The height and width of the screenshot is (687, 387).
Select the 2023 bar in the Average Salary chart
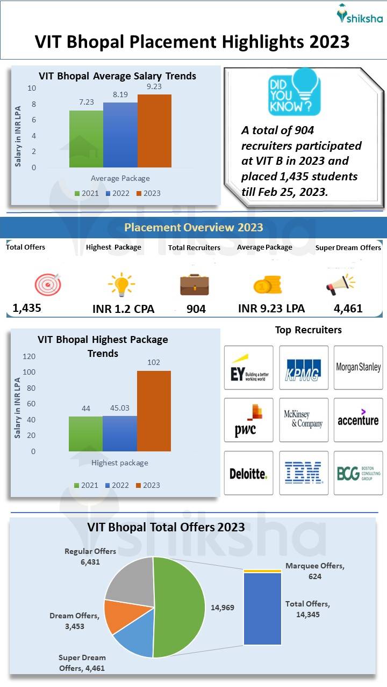click(x=154, y=131)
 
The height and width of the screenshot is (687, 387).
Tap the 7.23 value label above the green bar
click(x=86, y=102)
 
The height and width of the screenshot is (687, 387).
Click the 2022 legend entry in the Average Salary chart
click(x=117, y=193)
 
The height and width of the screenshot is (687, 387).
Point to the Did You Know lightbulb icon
click(x=294, y=92)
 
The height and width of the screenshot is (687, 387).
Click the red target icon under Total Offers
click(x=48, y=284)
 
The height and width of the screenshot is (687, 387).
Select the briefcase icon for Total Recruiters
click(x=195, y=284)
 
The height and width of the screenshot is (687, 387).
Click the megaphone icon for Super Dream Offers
click(x=340, y=284)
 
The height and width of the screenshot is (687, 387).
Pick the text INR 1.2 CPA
click(x=123, y=309)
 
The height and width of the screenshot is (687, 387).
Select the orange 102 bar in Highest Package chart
click(x=154, y=411)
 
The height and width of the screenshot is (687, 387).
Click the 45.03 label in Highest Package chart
click(x=119, y=408)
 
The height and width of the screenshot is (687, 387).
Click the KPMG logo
click(x=303, y=368)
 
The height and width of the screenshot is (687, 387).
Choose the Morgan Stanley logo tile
click(x=358, y=368)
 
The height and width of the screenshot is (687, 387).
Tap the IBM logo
click(x=303, y=473)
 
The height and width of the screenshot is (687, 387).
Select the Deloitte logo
click(x=248, y=473)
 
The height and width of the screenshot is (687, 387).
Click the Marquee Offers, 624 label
click(x=314, y=571)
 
